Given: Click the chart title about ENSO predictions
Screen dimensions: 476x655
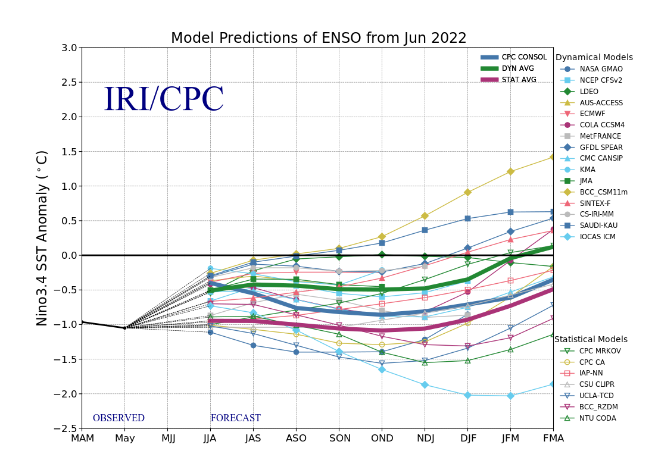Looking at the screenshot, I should click(319, 38).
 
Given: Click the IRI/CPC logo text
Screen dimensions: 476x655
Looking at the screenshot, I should click(164, 100).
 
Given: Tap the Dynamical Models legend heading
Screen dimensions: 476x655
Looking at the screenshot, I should click(594, 58).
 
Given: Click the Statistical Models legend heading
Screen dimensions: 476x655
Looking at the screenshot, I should click(591, 340).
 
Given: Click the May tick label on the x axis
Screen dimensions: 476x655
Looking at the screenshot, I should click(124, 439).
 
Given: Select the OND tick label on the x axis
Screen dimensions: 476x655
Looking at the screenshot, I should click(382, 439).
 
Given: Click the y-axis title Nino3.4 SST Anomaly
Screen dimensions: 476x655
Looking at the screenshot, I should click(42, 238).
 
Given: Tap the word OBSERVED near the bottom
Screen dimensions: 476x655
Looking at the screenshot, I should click(118, 418).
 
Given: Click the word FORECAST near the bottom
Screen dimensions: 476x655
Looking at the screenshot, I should click(235, 418).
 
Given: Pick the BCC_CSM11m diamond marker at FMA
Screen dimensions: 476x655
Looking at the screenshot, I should click(553, 157).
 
